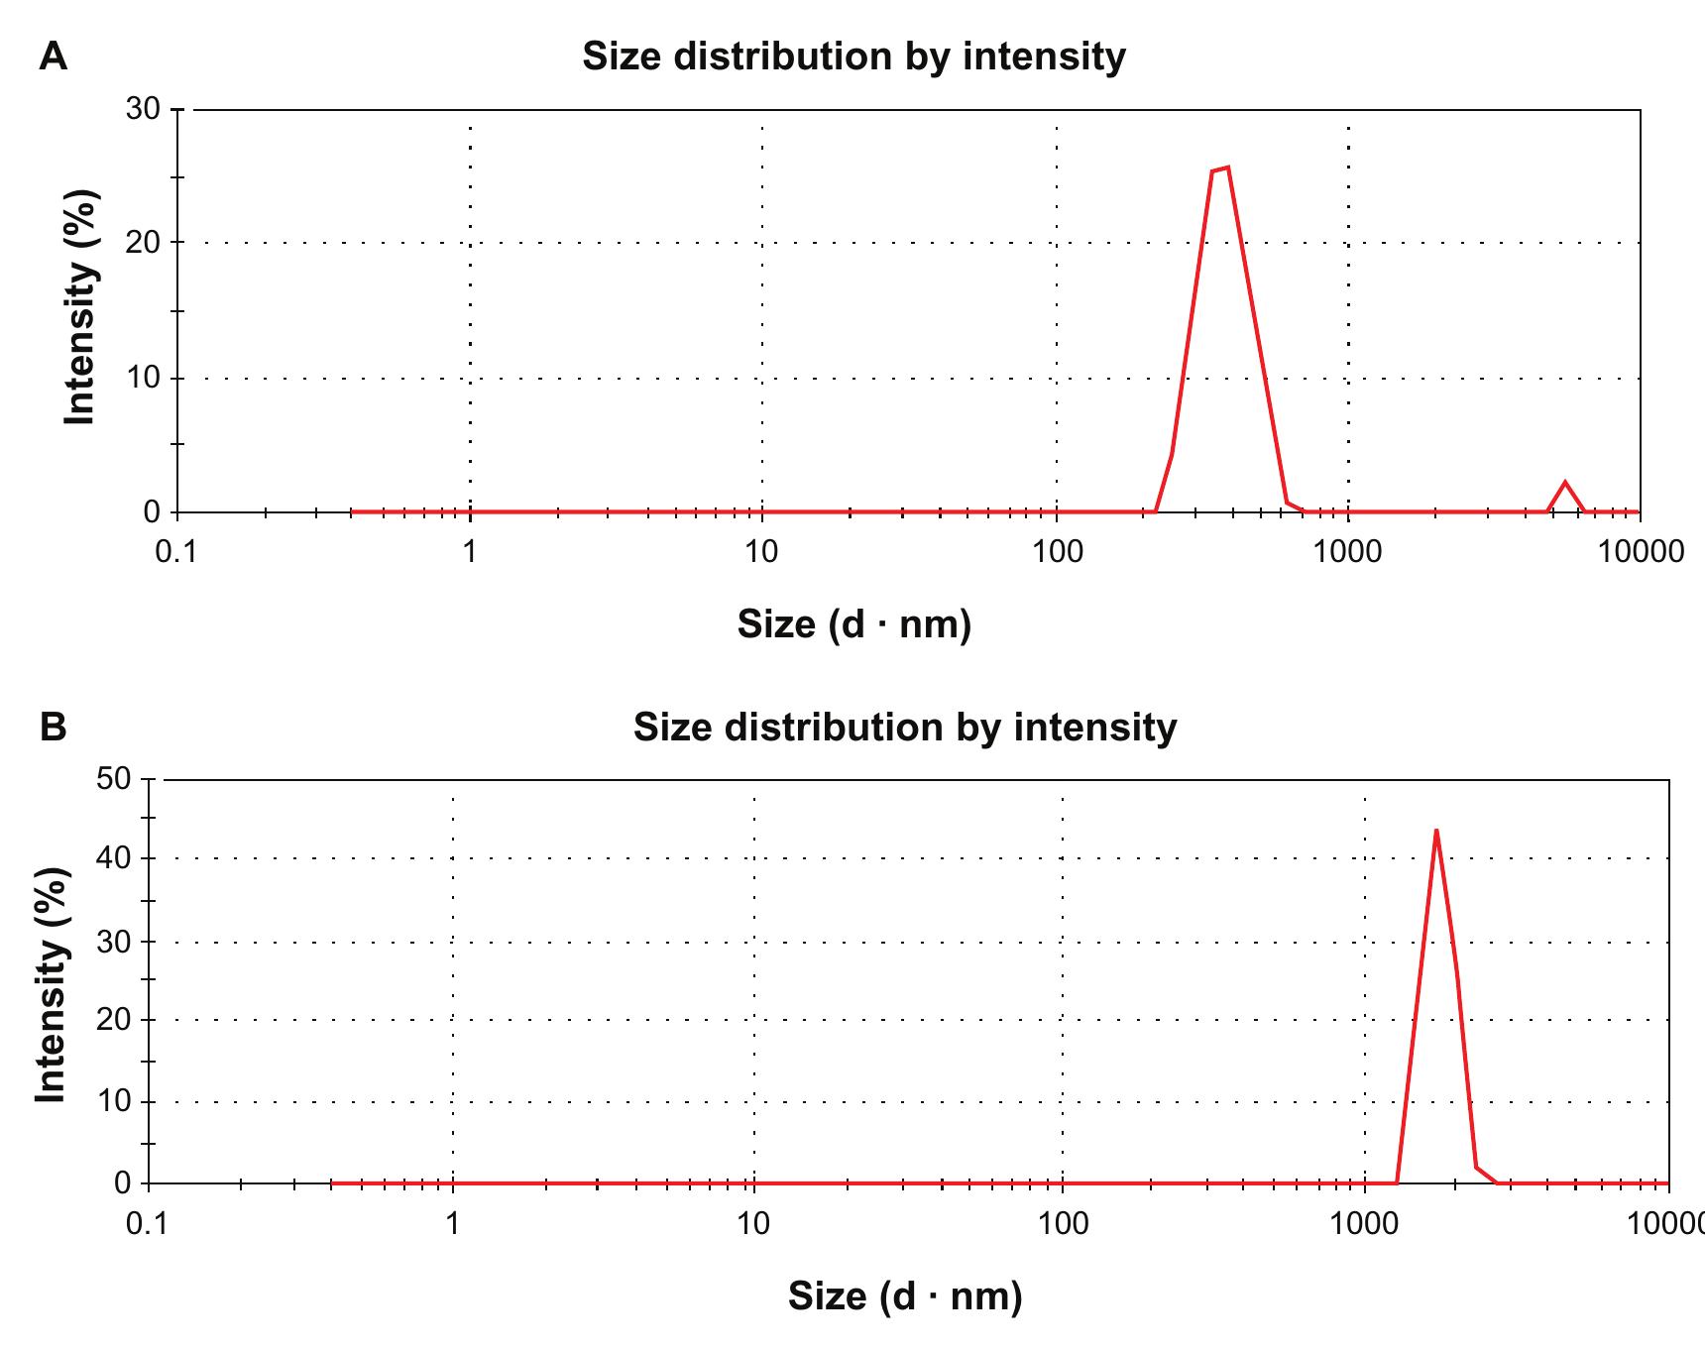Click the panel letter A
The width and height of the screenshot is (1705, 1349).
click(54, 57)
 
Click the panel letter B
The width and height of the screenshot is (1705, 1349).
click(54, 727)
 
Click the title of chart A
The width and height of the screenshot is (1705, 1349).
click(853, 56)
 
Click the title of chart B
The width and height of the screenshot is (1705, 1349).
click(904, 728)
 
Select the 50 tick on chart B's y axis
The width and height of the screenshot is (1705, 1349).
click(115, 778)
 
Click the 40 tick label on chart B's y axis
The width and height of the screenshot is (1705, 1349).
click(115, 858)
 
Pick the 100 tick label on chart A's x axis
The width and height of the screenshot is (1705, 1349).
click(1057, 552)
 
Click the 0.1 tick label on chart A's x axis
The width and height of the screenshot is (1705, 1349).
click(176, 552)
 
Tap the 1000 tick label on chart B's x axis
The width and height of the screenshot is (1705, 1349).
click(1366, 1223)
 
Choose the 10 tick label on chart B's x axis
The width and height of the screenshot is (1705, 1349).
click(753, 1223)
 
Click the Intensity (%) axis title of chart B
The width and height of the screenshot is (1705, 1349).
click(51, 984)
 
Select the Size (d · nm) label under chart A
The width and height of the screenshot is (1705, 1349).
click(853, 623)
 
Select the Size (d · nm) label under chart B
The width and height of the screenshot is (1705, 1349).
click(904, 1295)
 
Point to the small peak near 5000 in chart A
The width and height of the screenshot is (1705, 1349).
click(1565, 483)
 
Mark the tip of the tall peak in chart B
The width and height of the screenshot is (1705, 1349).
click(1435, 831)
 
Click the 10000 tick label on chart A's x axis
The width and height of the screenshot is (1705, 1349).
click(1640, 552)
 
